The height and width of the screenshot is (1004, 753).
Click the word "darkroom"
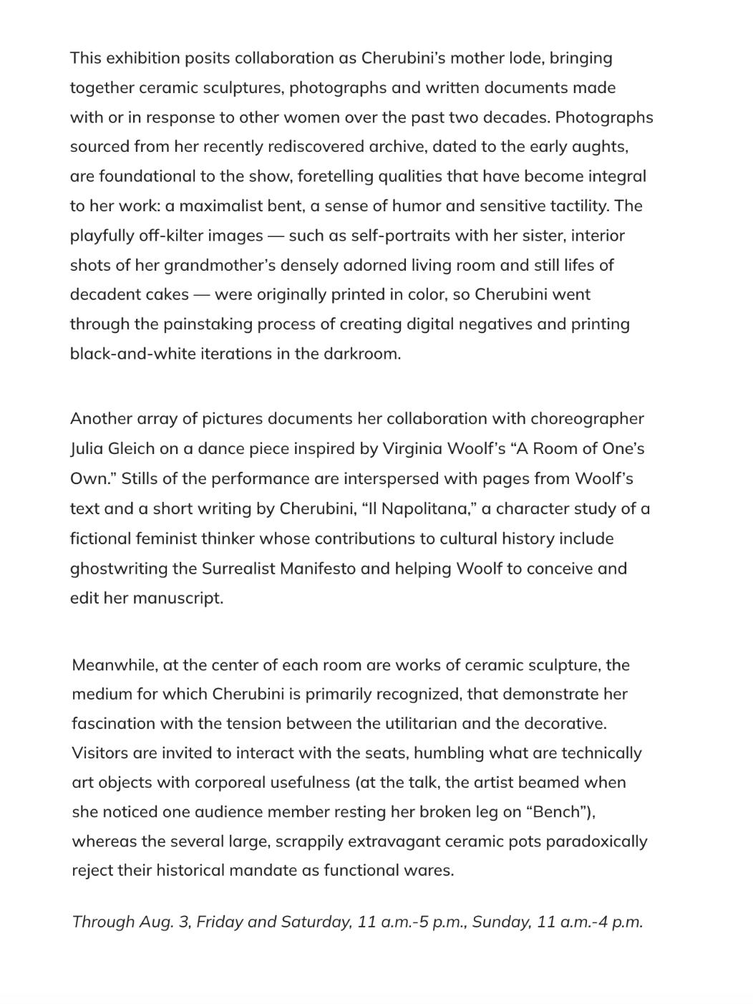click(364, 354)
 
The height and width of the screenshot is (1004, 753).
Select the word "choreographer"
click(587, 419)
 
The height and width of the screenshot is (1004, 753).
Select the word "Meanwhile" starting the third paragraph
click(115, 665)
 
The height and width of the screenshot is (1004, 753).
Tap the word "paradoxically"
click(596, 841)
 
